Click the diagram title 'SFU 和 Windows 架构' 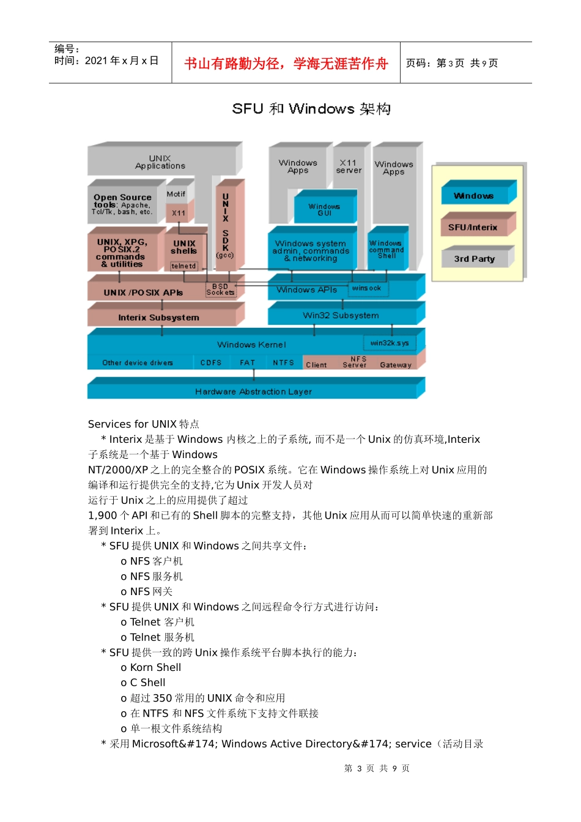click(311, 109)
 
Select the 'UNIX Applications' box click(160, 162)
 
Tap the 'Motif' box click(176, 194)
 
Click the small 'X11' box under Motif click(178, 213)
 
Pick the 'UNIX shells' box click(183, 247)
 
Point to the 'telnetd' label click(183, 266)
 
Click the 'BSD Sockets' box click(220, 290)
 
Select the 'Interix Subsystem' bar click(159, 317)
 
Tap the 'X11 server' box click(349, 166)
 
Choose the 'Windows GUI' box click(324, 210)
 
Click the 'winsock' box click(367, 288)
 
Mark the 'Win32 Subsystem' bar click(341, 316)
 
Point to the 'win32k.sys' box click(390, 343)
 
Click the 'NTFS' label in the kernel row click(283, 363)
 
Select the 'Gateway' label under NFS click(396, 365)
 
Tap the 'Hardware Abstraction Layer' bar click(253, 391)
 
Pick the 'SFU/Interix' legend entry click(473, 228)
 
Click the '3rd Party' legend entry click(474, 259)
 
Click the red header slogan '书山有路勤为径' click(286, 64)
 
